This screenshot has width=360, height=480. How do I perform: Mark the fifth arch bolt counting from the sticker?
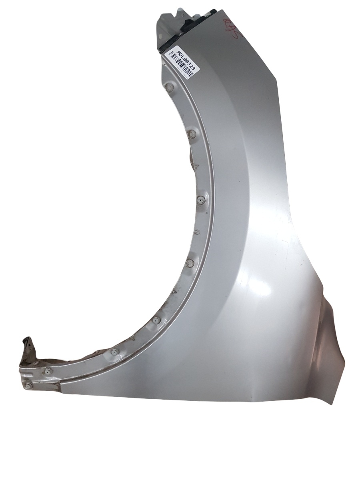pos(156,320)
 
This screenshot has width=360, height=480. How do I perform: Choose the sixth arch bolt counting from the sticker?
pos(114,352)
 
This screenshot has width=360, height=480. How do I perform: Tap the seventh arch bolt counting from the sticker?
pos(48,371)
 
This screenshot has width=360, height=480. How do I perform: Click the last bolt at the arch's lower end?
pos(28,386)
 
